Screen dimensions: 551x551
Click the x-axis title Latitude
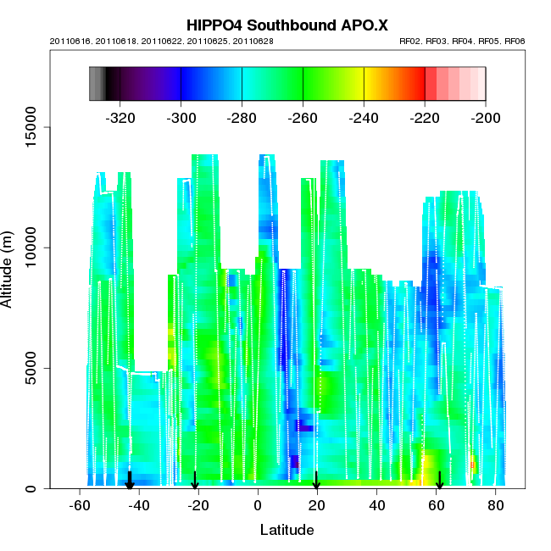287,530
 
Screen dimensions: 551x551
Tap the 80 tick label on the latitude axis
494,505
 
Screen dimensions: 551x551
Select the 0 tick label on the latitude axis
258,505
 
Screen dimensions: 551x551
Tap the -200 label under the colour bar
486,116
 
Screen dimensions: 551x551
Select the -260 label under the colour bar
303,116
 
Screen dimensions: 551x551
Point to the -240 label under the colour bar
365,116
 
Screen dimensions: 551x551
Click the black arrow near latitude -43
130,481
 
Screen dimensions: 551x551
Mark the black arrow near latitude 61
439,481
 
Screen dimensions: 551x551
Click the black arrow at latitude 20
316,481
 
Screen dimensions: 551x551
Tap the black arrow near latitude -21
195,481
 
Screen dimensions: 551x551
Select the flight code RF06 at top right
515,41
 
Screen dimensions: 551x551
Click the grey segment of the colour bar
97,84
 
